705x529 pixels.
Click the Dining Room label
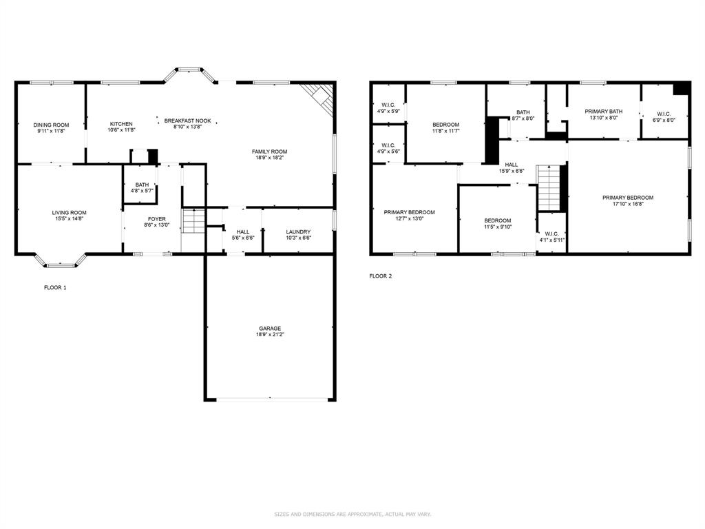pyautogui.click(x=51, y=125)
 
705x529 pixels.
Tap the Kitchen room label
pyautogui.click(x=120, y=124)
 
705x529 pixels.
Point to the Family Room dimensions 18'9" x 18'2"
pyautogui.click(x=269, y=158)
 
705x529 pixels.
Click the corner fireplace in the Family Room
pyautogui.click(x=321, y=97)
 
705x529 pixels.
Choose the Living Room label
pyautogui.click(x=69, y=212)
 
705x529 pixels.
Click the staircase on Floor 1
pyautogui.click(x=193, y=221)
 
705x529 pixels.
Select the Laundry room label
pyautogui.click(x=298, y=231)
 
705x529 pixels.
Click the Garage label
pyautogui.click(x=269, y=328)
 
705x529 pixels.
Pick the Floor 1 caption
pyautogui.click(x=55, y=287)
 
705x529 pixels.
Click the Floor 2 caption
pyautogui.click(x=380, y=276)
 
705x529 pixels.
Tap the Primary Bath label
pyautogui.click(x=603, y=111)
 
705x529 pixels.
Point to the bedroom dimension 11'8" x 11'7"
pyautogui.click(x=445, y=131)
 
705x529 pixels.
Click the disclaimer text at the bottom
pyautogui.click(x=352, y=514)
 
